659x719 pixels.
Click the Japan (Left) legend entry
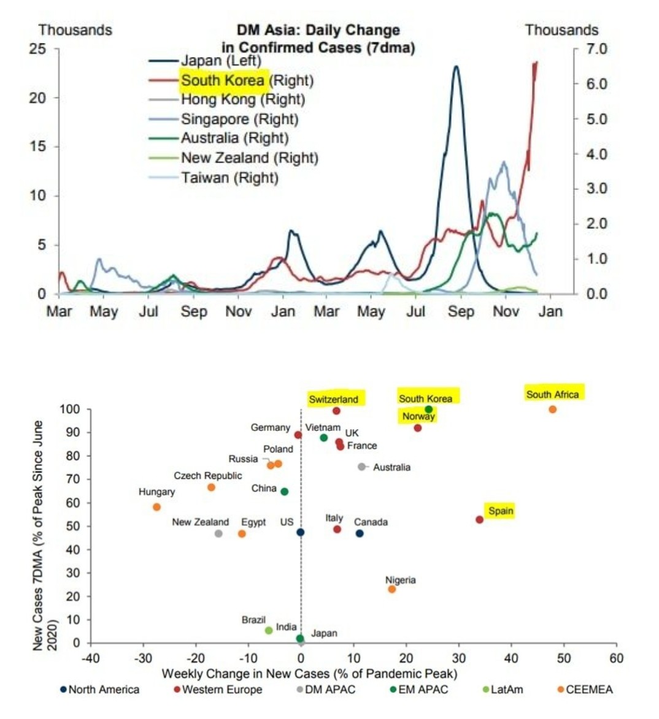(220, 61)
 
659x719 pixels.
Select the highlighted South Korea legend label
(223, 80)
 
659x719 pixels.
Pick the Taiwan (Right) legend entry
(229, 178)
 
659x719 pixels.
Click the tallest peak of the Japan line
(455, 67)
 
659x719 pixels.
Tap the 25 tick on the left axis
(38, 49)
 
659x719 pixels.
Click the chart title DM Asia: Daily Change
(318, 30)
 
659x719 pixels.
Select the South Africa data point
(552, 409)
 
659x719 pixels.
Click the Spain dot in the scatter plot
(479, 520)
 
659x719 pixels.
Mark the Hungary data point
(156, 507)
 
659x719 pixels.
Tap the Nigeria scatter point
(391, 589)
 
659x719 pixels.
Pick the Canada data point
(360, 533)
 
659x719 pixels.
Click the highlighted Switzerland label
(333, 399)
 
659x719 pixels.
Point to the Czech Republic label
(207, 476)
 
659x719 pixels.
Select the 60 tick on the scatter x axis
(616, 658)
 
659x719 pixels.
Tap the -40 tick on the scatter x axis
(90, 658)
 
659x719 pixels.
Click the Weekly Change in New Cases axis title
(309, 674)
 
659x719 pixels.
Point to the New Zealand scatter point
(218, 534)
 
